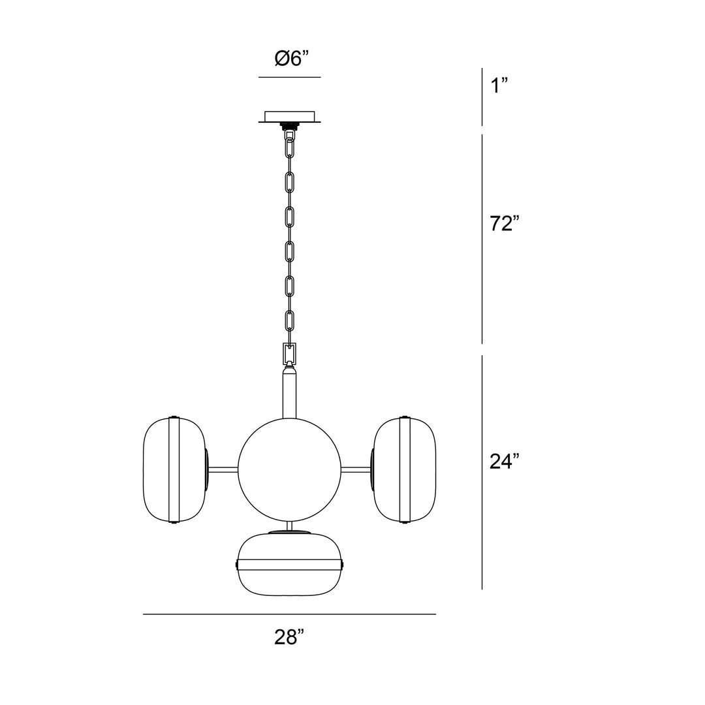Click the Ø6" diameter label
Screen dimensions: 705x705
(x=292, y=59)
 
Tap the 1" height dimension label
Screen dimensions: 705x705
(x=499, y=85)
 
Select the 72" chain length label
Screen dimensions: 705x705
(x=505, y=223)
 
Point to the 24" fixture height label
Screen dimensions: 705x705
(x=505, y=461)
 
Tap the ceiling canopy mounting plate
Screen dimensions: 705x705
(x=290, y=116)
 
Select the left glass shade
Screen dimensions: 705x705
(x=175, y=470)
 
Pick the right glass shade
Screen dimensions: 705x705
(x=404, y=470)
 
